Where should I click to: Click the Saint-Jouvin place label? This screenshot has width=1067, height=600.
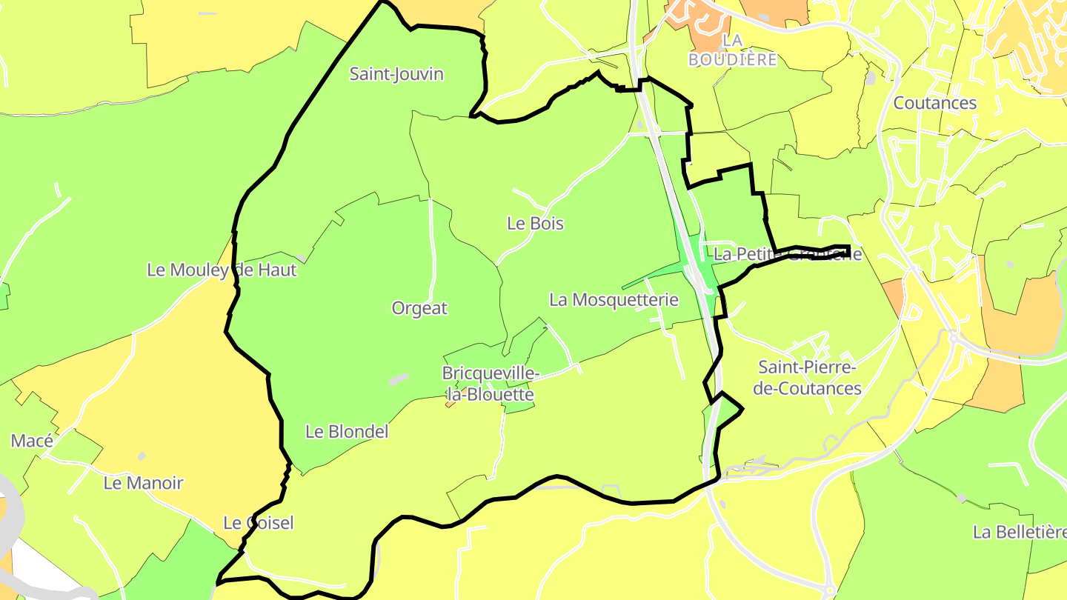[x=396, y=74]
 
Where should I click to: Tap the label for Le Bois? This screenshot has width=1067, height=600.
[x=535, y=223]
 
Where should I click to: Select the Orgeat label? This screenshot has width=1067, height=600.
[x=419, y=308]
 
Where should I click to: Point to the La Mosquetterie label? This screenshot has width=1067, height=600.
[x=614, y=300]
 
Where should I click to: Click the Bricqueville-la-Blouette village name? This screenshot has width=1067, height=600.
[x=488, y=384]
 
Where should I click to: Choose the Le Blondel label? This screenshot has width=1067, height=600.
[x=347, y=431]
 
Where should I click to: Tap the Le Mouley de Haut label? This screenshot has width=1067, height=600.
[x=222, y=270]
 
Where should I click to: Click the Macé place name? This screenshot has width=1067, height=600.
[x=32, y=441]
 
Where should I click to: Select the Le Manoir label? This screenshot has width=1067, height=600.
[x=143, y=483]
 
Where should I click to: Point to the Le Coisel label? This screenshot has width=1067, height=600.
[x=259, y=523]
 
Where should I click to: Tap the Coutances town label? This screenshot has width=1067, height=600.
[x=935, y=103]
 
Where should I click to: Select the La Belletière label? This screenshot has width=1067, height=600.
[x=1019, y=532]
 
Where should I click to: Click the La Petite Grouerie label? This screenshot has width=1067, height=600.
[x=788, y=255]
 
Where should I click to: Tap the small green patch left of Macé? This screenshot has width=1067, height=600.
[x=4, y=296]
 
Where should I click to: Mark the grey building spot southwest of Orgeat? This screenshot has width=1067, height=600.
[x=399, y=379]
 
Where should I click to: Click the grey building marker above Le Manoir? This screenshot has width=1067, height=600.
[x=142, y=456]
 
